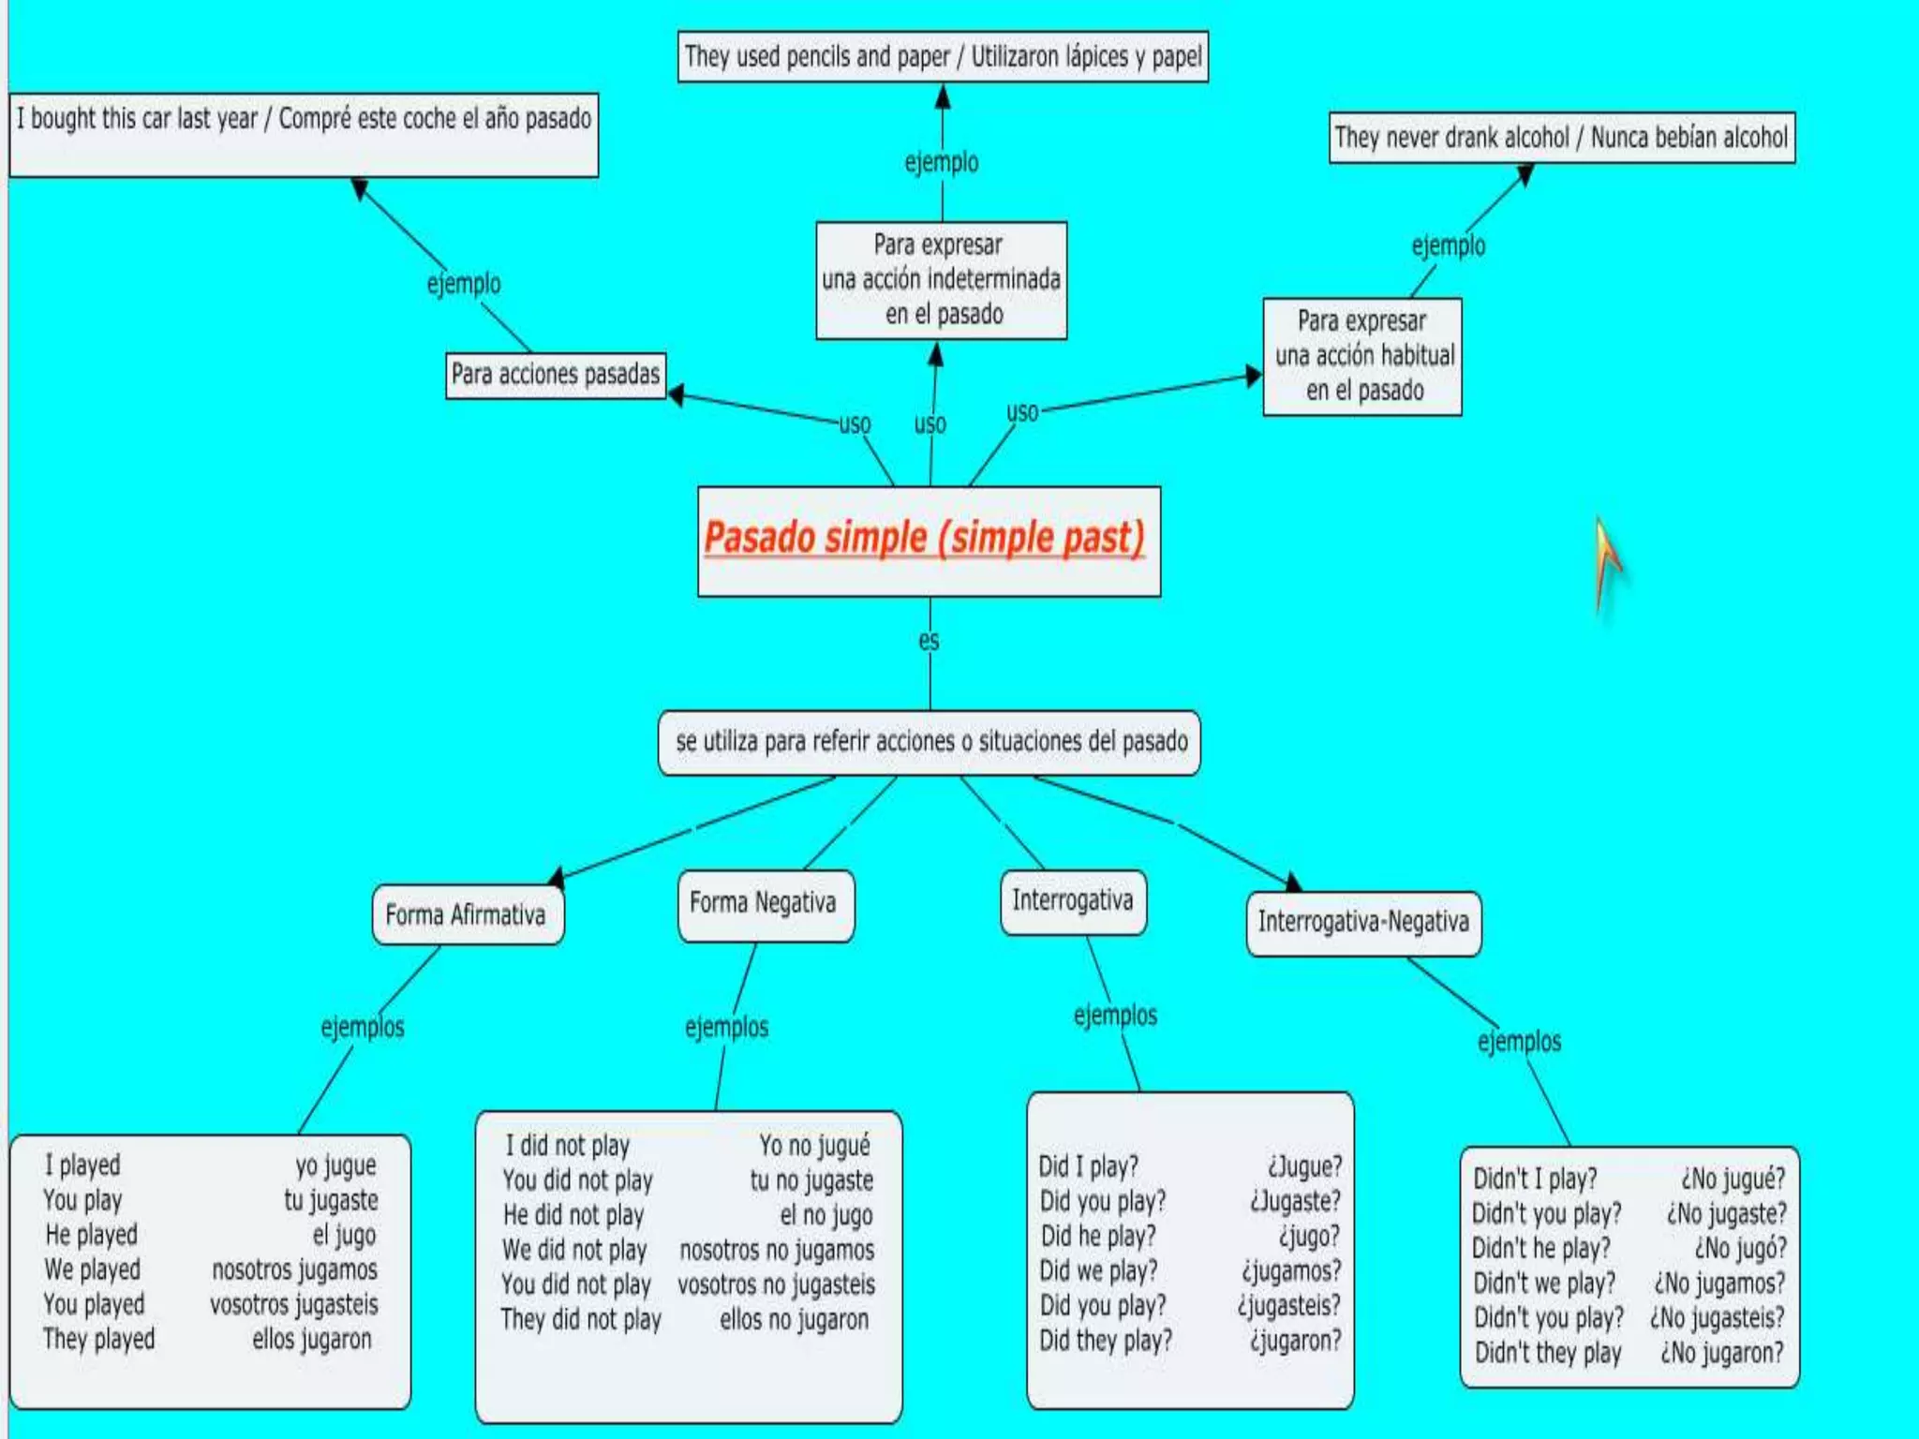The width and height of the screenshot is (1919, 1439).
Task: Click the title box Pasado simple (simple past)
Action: pyautogui.click(x=928, y=540)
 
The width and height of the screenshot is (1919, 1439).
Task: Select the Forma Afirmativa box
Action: pyautogui.click(x=467, y=914)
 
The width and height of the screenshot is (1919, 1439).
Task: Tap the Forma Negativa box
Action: pyautogui.click(x=764, y=903)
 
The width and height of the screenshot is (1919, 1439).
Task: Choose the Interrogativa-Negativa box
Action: pyautogui.click(x=1363, y=922)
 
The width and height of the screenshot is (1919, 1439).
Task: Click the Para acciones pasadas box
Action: pyautogui.click(x=556, y=375)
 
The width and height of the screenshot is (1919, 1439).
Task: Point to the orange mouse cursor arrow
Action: pyautogui.click(x=1606, y=557)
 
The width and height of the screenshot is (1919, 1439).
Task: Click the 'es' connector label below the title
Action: pyautogui.click(x=929, y=641)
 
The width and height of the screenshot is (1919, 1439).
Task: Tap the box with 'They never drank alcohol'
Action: pyautogui.click(x=1561, y=138)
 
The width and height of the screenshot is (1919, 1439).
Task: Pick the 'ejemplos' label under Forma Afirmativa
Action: pyautogui.click(x=363, y=1027)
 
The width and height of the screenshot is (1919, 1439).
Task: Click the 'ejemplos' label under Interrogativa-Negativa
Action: pyautogui.click(x=1519, y=1041)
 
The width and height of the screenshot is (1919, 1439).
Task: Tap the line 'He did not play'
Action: pyautogui.click(x=573, y=1215)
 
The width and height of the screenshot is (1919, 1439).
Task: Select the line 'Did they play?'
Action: pyautogui.click(x=1106, y=1341)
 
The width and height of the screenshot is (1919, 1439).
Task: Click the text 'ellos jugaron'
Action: pyautogui.click(x=312, y=1339)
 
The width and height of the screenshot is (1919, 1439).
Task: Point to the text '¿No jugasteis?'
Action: pyautogui.click(x=1718, y=1317)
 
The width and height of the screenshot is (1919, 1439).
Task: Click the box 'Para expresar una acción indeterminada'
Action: pyautogui.click(x=941, y=279)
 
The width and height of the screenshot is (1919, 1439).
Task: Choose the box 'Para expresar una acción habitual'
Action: pyautogui.click(x=1362, y=356)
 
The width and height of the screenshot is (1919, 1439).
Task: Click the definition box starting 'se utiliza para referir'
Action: pyautogui.click(x=930, y=742)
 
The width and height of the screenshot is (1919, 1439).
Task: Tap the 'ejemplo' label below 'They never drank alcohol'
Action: pyautogui.click(x=1448, y=245)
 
